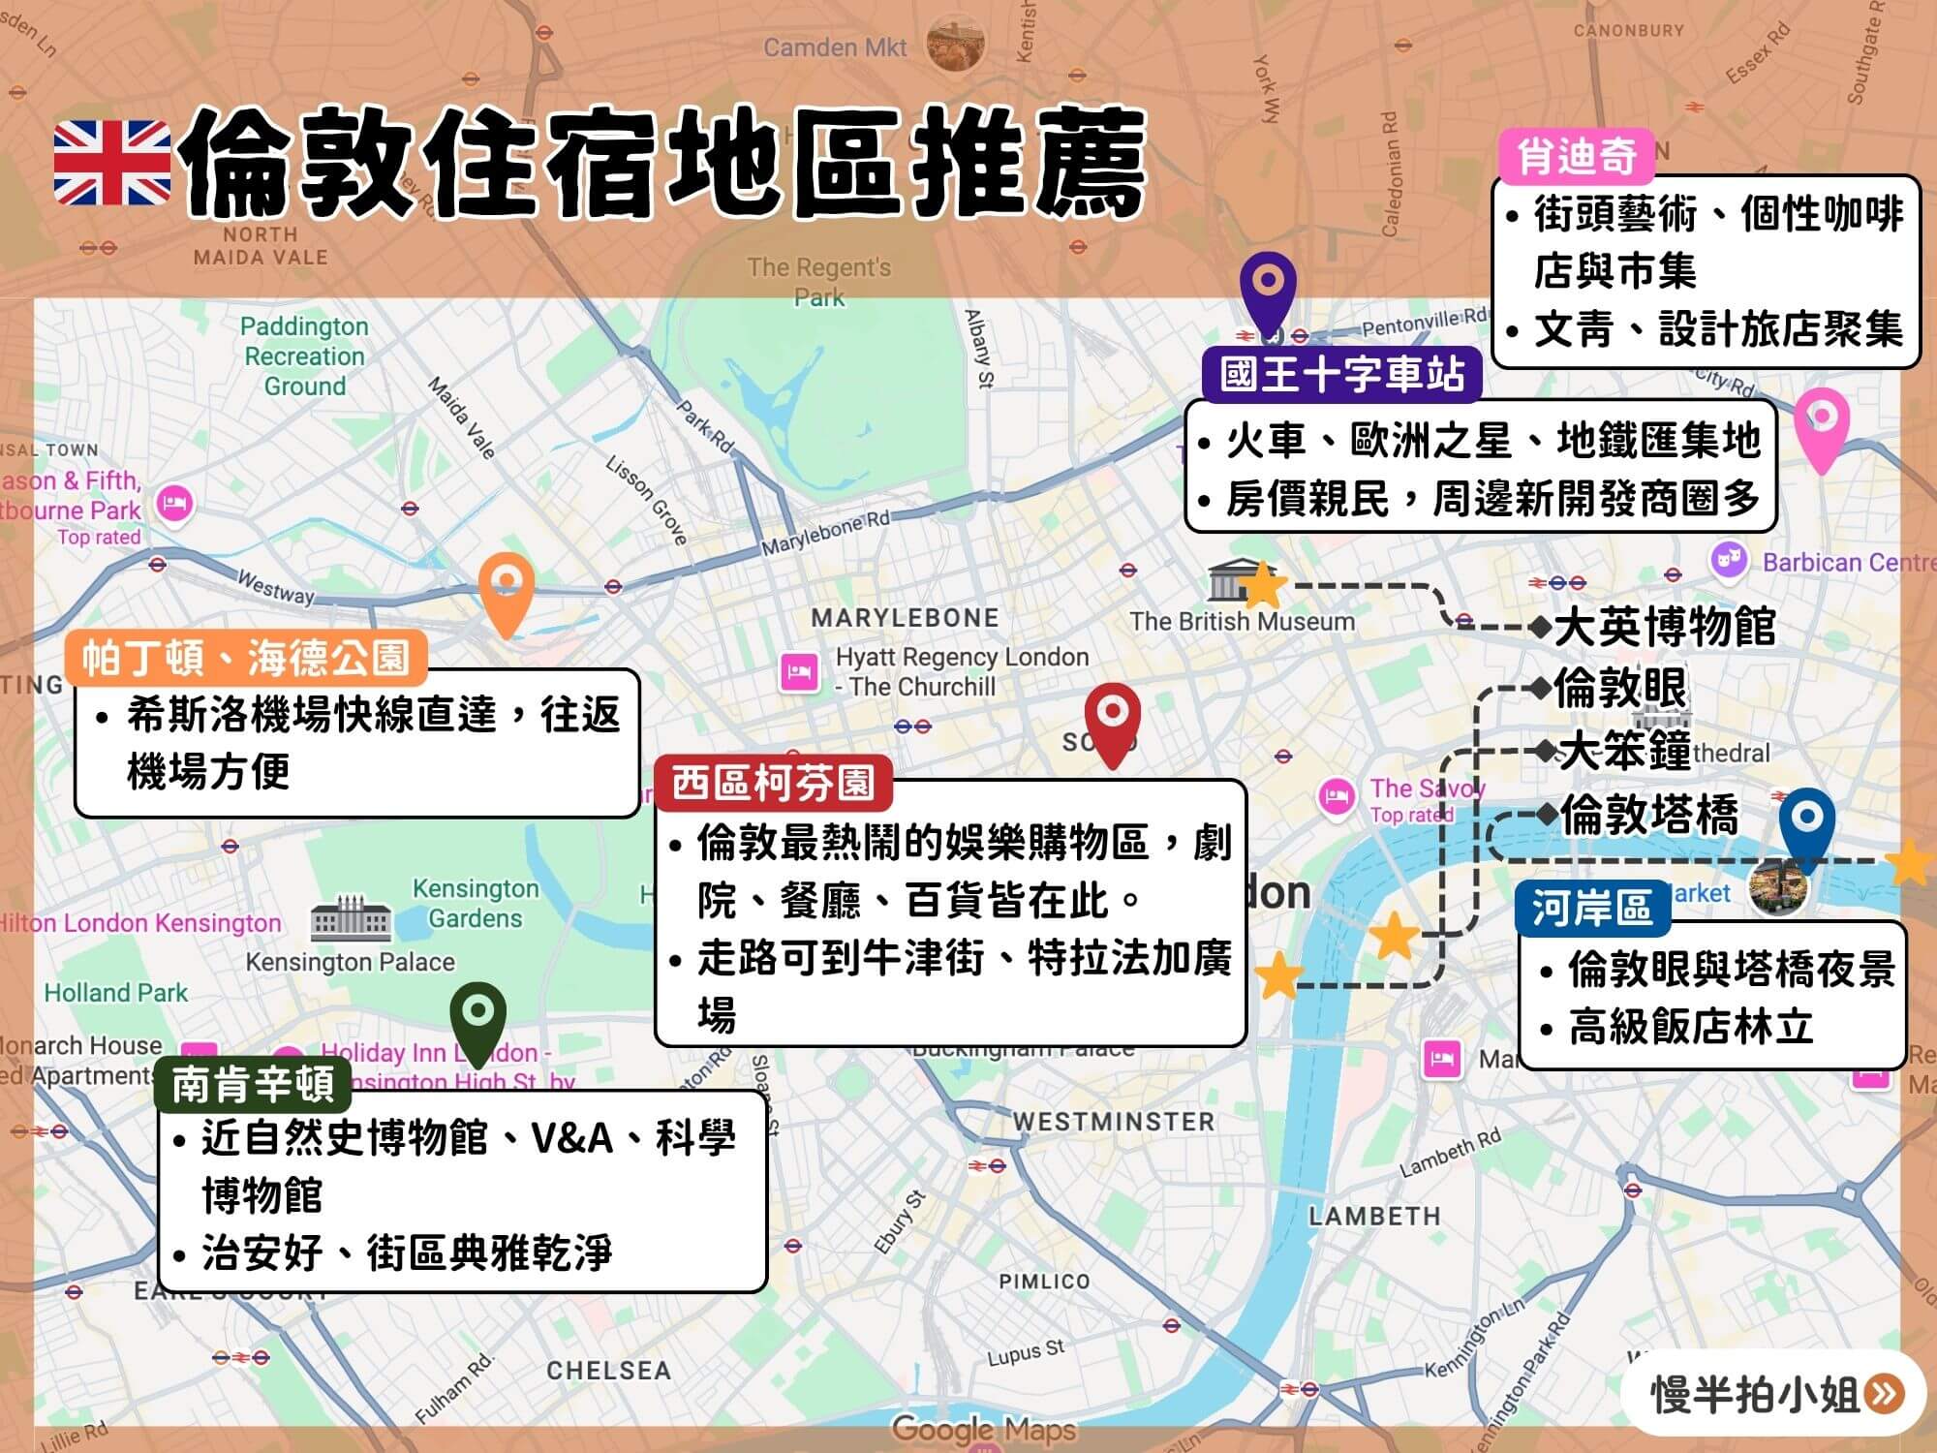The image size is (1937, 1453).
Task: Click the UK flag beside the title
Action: click(112, 162)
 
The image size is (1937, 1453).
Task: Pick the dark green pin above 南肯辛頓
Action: click(478, 1018)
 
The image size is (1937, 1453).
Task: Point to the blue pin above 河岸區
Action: click(1806, 823)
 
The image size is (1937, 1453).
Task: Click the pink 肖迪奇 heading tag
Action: click(1576, 156)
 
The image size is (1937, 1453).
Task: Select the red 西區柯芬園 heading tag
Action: click(773, 783)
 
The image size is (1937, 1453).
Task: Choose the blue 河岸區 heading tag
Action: click(1591, 908)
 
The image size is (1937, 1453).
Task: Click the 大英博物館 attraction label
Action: click(1664, 627)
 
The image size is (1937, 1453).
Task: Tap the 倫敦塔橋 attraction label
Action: click(1648, 815)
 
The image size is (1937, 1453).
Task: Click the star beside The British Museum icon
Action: click(1263, 585)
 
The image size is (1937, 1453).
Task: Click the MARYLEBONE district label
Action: click(905, 618)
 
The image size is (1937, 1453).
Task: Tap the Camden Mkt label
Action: click(835, 47)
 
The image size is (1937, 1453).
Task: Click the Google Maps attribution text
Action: click(983, 1428)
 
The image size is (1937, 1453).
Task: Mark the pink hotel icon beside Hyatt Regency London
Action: click(799, 671)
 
